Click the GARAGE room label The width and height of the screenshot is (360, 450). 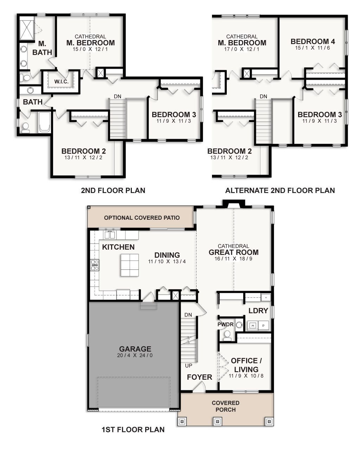pos(135,349)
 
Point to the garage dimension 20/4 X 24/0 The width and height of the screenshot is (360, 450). pos(135,355)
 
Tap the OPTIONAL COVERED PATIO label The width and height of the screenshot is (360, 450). pos(142,218)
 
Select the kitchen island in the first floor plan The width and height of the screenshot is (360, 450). pos(129,265)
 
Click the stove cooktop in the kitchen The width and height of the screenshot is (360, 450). pos(95,265)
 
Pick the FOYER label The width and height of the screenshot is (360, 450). pos(199,377)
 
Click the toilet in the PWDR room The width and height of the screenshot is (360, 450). pos(227,335)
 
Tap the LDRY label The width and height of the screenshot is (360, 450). pos(258,311)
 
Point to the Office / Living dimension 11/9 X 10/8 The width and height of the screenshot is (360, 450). pos(246,376)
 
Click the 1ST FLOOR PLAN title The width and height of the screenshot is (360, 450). pos(133,429)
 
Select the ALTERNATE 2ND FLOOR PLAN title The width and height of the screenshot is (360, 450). pos(280,191)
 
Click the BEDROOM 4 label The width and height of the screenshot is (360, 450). pos(313,41)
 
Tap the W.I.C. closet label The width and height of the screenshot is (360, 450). pos(61,82)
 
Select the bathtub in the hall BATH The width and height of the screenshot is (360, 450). pos(45,122)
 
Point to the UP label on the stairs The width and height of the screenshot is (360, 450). pos(188,366)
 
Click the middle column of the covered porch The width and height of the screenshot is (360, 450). pos(217,421)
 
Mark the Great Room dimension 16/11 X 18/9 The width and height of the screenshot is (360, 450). pos(233,259)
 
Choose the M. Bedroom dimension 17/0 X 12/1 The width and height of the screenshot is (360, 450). pos(242,49)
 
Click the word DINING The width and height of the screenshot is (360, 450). pos(167,255)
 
